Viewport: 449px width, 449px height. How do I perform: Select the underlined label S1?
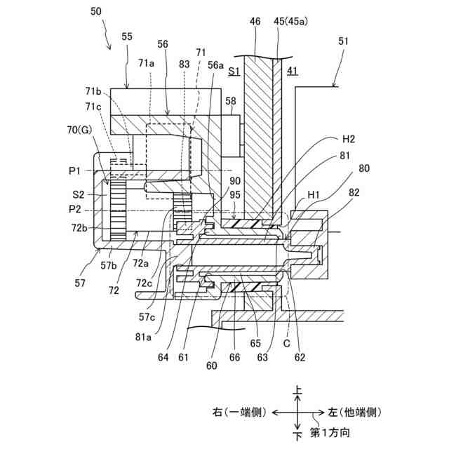[x=234, y=71]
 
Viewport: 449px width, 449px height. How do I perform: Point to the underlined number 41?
[x=292, y=71]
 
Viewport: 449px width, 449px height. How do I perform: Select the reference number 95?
[x=235, y=196]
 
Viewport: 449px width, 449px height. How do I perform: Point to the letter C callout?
[x=286, y=344]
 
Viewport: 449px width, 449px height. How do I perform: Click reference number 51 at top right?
[x=342, y=41]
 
